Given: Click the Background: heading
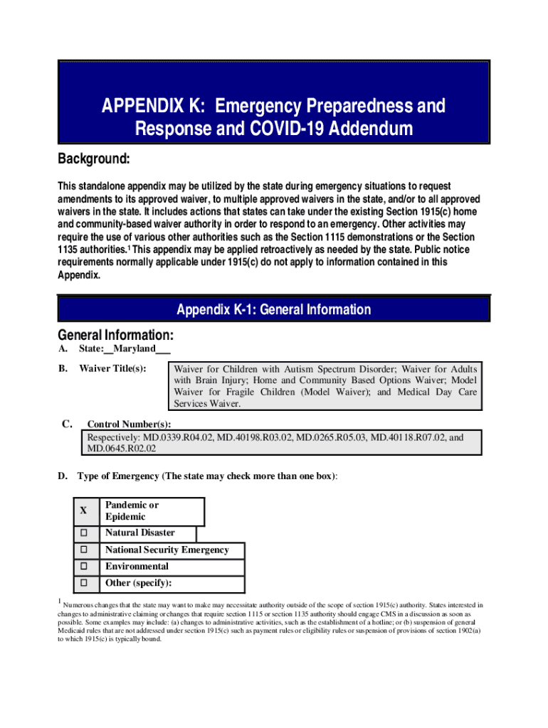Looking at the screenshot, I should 93,159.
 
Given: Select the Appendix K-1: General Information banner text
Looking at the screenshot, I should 274,310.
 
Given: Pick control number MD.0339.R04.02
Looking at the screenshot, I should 178,437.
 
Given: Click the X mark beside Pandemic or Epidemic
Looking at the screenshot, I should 83,510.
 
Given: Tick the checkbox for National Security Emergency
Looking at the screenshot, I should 83,550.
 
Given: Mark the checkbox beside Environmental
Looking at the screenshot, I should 83,567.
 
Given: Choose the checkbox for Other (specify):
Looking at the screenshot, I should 83,583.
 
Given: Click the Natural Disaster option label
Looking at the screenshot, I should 139,533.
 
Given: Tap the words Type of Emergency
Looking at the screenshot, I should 117,476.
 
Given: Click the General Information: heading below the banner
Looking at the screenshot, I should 115,335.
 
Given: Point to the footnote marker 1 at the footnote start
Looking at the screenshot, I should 59,602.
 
